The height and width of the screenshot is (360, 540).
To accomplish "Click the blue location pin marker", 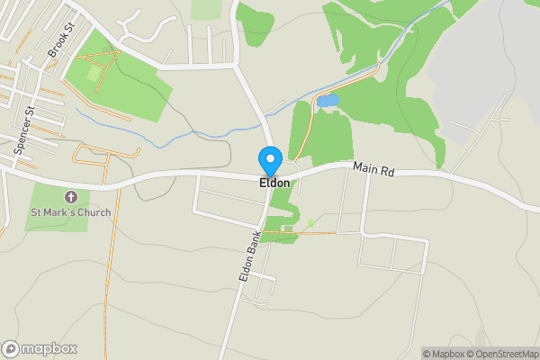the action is pos(269,160).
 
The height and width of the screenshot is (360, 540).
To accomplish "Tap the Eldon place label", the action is pos(274,184).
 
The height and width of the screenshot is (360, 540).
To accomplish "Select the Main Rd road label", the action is pos(373,168).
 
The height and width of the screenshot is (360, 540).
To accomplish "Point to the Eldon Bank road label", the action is pos(250,257).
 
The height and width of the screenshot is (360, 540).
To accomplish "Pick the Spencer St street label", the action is pos(23,132).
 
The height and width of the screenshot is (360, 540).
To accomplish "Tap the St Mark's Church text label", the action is pos(71,213).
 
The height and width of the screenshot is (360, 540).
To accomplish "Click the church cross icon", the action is pos(71,197).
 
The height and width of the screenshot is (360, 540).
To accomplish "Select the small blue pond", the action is pos(327,101).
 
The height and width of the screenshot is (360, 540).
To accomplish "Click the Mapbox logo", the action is pos(40,348).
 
